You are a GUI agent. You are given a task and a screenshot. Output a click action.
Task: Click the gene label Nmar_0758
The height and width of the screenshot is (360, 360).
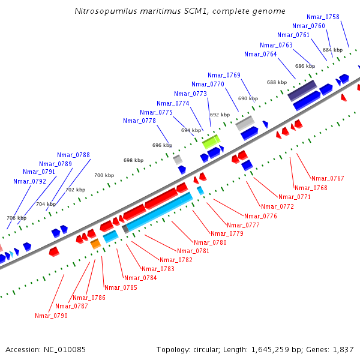click(323, 17)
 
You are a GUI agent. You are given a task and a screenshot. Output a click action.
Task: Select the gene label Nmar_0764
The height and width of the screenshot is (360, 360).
click(260, 54)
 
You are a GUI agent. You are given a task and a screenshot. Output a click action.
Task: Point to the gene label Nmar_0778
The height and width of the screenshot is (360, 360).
click(139, 121)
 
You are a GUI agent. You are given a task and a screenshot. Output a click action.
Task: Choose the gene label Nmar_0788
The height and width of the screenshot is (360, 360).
click(73, 155)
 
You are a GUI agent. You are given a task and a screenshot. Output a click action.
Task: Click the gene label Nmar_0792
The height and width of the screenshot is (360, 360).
click(29, 181)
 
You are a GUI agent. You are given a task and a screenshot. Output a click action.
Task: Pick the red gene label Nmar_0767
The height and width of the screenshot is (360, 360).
click(328, 178)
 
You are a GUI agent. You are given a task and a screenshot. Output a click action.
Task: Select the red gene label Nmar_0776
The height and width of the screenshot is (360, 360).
click(260, 216)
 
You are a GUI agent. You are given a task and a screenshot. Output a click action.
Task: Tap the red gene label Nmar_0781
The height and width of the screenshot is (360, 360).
click(193, 251)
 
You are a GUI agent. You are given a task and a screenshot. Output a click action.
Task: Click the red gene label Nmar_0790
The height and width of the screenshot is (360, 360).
click(51, 316)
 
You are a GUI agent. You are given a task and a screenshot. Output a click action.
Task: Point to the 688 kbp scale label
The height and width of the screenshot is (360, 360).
click(277, 82)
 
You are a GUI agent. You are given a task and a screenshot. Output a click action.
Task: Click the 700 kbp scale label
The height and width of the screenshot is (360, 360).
click(104, 175)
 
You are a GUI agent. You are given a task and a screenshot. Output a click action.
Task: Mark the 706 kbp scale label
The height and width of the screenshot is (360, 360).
click(16, 218)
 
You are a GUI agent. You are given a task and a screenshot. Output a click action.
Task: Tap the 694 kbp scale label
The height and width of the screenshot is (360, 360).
click(191, 130)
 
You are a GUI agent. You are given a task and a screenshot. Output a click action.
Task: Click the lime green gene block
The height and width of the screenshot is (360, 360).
click(211, 142)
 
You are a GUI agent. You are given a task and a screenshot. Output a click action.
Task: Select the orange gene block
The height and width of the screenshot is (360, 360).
click(95, 244)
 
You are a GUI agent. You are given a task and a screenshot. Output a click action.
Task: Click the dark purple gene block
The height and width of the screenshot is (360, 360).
click(302, 91)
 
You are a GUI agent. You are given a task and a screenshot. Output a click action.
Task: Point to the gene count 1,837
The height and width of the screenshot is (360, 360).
click(343, 349)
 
